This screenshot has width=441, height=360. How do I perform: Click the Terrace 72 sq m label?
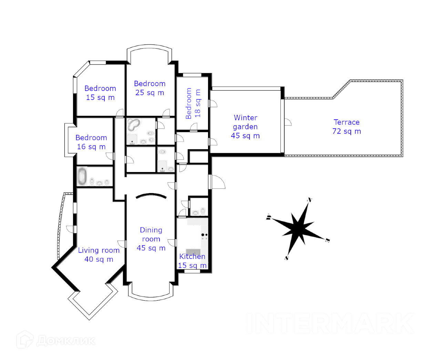[x=347, y=127]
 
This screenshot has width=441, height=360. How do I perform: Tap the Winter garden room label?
[x=245, y=127]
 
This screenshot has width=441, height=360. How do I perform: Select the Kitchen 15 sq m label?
[x=192, y=261]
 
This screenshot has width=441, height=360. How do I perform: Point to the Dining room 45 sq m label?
[x=151, y=239]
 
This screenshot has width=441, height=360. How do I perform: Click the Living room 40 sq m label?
[x=99, y=255]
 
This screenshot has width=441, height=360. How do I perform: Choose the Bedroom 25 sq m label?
[x=150, y=88]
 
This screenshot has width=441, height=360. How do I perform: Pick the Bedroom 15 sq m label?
[x=100, y=93]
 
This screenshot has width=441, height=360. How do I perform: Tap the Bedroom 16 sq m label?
[x=91, y=142]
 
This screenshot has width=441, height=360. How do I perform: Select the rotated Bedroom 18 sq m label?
[x=193, y=103]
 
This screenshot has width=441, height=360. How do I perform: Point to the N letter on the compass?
[x=310, y=200]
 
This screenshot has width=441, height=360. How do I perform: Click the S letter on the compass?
[x=286, y=258]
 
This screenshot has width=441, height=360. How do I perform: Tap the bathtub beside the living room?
[x=82, y=176]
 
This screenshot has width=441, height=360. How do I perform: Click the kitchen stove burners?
[x=204, y=236]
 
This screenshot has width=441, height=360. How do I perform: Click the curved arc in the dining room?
[x=151, y=196]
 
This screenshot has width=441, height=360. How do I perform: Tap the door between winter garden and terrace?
[x=287, y=122]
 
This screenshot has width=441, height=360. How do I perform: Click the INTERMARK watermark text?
[x=330, y=323]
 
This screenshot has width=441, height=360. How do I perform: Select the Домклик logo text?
[x=65, y=341]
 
